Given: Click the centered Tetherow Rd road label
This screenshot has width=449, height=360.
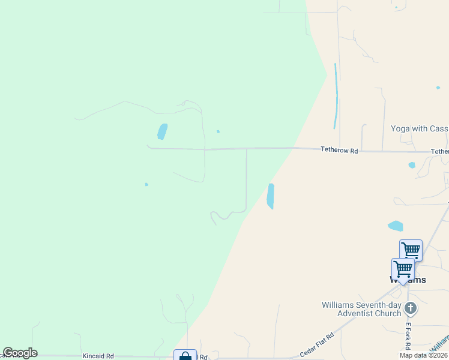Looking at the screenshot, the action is click(339, 151).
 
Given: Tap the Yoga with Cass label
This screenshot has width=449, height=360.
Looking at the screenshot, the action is click(420, 128).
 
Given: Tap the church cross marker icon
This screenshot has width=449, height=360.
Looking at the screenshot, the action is click(411, 309).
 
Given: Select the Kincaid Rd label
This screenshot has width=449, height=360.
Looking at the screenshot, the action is click(98, 356).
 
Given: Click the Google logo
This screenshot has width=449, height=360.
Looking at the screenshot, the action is click(20, 353).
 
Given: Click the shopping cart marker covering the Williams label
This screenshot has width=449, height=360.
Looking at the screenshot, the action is click(403, 269).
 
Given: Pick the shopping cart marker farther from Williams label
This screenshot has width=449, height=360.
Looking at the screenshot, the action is click(411, 250).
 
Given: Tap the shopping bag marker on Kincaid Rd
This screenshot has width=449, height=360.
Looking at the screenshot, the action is click(185, 355).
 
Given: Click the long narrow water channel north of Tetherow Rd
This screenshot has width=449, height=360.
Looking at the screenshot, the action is click(336, 96).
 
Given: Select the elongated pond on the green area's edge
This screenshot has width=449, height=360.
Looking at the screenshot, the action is click(271, 196).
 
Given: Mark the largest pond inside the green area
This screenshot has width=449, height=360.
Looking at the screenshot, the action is click(162, 131).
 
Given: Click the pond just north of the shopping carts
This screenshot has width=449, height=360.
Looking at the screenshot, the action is click(396, 226).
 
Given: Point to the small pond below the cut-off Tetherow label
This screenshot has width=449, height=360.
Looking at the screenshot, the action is click(412, 165).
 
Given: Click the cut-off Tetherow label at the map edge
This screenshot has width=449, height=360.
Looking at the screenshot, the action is click(440, 152).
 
